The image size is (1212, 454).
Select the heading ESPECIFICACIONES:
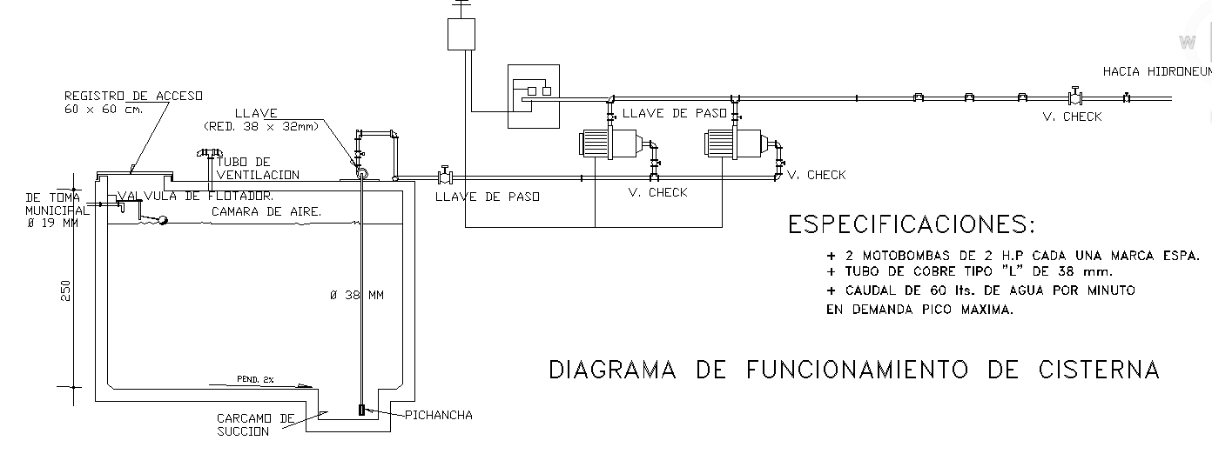point(912,225)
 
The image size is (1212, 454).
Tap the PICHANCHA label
point(439,415)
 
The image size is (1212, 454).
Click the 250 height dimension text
point(65,290)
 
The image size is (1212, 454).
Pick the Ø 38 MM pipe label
point(357,296)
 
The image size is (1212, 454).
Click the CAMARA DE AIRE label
point(266,211)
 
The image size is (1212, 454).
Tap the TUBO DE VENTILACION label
point(257,169)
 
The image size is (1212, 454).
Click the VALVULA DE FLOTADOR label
point(196,196)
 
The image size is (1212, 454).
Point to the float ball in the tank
point(161,221)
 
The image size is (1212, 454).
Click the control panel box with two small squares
point(534,96)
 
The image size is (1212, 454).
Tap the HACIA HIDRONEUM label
point(1156,71)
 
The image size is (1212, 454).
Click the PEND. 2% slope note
point(255,379)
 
